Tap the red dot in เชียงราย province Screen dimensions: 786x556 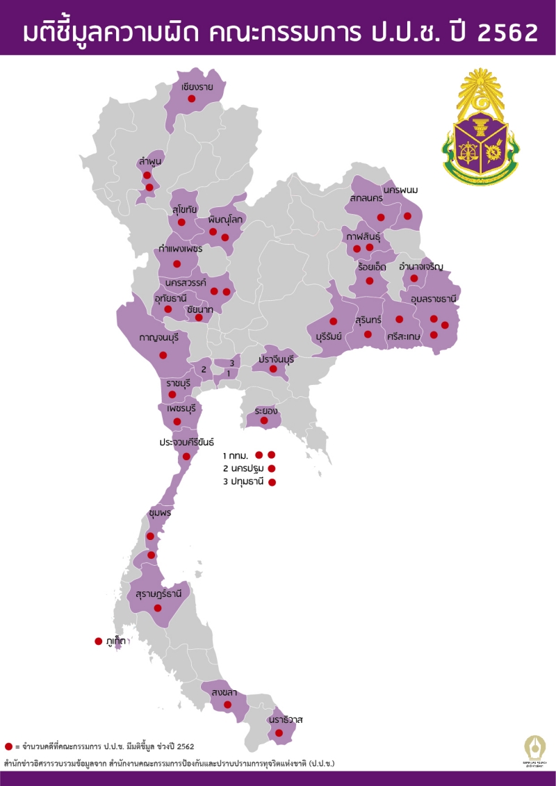[191, 99]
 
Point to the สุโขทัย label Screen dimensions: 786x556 [186, 209]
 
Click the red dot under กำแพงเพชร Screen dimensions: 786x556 [177, 264]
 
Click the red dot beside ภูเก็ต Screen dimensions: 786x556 [99, 641]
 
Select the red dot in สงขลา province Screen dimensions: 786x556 [227, 705]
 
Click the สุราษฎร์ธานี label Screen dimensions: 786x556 [159, 594]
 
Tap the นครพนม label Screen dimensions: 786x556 [404, 189]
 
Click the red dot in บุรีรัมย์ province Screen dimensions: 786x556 [334, 321]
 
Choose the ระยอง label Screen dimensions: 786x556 [266, 410]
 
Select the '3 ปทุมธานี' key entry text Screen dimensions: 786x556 [244, 482]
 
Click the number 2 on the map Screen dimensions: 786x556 [204, 369]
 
